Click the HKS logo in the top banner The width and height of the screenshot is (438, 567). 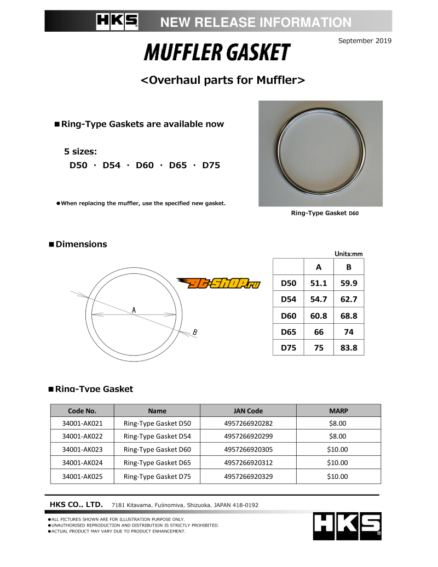click(117, 21)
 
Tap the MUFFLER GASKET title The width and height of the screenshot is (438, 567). click(217, 53)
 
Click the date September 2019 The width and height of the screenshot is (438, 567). click(365, 41)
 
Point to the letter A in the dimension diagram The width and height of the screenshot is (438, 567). click(134, 310)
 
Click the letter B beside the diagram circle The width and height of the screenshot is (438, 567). click(195, 332)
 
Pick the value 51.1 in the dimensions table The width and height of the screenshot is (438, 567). click(319, 283)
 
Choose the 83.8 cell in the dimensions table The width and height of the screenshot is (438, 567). click(349, 347)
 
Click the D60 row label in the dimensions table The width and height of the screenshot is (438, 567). click(289, 316)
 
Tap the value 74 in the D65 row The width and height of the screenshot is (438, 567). click(349, 331)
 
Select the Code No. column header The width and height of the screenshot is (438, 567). click(82, 410)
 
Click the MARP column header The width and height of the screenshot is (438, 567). click(338, 410)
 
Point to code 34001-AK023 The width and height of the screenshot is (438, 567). click(82, 450)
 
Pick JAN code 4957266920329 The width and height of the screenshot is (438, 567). click(248, 476)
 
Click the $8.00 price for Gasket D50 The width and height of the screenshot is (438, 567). click(338, 423)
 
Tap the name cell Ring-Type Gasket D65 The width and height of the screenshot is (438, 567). click(157, 463)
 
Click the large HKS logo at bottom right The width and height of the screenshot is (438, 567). click(347, 526)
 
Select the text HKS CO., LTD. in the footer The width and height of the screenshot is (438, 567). click(76, 505)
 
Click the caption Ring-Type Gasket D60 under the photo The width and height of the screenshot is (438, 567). click(325, 213)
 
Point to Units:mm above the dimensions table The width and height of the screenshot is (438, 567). click(349, 254)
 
